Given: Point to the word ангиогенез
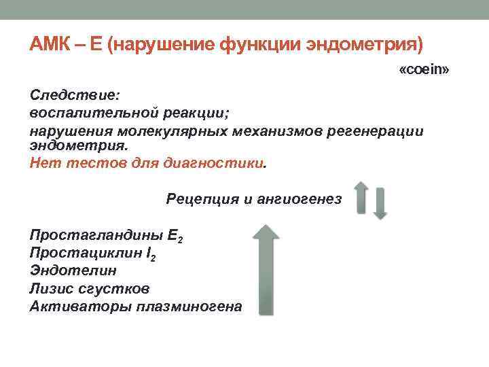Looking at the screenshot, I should (300, 198).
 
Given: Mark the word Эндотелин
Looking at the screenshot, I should (63, 271).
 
